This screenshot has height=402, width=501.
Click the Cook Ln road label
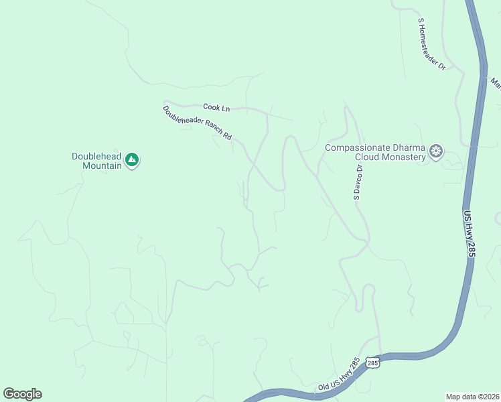pos(216,107)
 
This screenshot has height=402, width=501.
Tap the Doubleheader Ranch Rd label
pos(198,122)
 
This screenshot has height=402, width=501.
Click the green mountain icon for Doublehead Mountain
pos(132,160)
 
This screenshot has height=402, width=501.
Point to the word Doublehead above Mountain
pos(97,156)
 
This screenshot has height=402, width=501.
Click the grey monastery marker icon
pos(437,151)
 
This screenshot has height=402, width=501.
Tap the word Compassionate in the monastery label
pos(354,147)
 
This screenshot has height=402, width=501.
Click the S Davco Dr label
pos(358,182)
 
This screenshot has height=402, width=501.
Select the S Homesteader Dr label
pos(432,44)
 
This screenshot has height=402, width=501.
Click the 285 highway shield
pos(373,362)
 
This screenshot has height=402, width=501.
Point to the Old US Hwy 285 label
pos(339,374)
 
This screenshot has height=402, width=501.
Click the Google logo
pos(22,394)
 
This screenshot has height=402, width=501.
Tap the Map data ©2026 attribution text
pos(472,395)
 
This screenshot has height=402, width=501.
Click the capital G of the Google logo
pos(9,394)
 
